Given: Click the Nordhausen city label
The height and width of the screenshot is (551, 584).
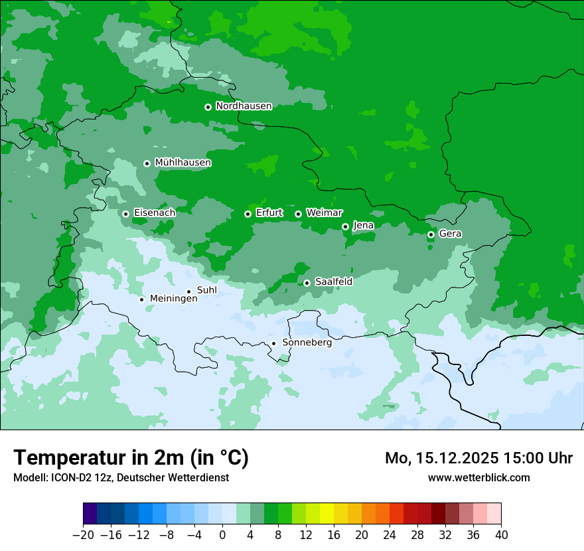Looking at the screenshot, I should pos(244,106).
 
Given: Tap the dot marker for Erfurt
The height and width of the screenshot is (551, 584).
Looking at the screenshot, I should pos(248,214).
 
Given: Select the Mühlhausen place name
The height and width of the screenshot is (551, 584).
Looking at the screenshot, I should pos(183,163).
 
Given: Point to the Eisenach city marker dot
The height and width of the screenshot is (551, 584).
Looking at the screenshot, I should pos(125,214).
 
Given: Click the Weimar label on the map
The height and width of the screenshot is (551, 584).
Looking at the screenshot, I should pos(324,213).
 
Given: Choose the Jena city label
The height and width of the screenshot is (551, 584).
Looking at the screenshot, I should pos(363,226).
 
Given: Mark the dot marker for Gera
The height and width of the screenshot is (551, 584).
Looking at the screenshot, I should pos(431,234).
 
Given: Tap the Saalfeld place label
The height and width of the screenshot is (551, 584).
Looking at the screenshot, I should pos(333,282).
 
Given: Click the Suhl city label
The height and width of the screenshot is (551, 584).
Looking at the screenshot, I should pos(206,290).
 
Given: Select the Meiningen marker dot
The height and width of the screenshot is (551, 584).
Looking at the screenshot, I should pos(141,299).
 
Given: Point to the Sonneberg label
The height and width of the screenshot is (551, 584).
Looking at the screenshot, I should pos(307,343).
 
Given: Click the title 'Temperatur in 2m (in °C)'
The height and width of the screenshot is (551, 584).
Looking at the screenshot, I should pos(131,458).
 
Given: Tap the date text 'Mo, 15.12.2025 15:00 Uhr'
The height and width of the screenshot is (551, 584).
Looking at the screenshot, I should pos(478,459).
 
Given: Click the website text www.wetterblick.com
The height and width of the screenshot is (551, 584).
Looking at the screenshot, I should pos(478,478).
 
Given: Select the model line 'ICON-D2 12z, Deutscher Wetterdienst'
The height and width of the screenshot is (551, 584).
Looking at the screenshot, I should pos(121,478).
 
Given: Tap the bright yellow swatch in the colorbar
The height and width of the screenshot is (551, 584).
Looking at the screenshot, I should pos(327,514).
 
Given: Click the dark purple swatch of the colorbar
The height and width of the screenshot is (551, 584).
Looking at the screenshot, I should pos(90,514).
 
